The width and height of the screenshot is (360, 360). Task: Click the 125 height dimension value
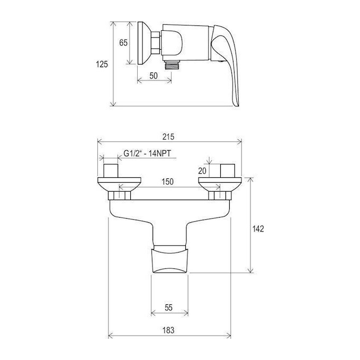pyautogui.click(x=102, y=64)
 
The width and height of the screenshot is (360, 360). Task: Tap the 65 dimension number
pyautogui.click(x=123, y=42)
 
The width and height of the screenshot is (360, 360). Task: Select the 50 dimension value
pyautogui.click(x=154, y=76)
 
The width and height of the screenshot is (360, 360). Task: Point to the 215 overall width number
pyautogui.click(x=168, y=137)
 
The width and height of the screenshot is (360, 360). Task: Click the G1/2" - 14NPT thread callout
pyautogui.click(x=147, y=153)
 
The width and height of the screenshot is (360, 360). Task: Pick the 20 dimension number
pyautogui.click(x=202, y=171)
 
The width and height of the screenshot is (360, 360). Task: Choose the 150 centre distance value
pyautogui.click(x=168, y=182)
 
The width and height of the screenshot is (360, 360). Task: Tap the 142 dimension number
pyautogui.click(x=258, y=229)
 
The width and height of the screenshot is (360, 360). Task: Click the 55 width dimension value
pyautogui.click(x=168, y=308)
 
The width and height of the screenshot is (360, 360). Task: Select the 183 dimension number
pyautogui.click(x=168, y=330)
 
